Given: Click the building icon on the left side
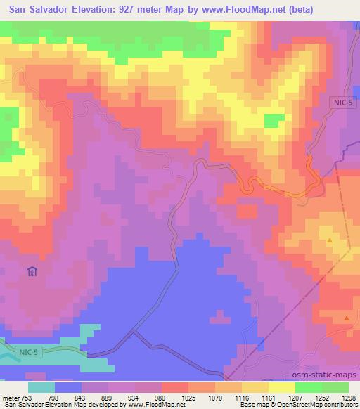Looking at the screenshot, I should pyautogui.click(x=32, y=272).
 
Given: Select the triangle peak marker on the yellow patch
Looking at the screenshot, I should pyautogui.click(x=330, y=241).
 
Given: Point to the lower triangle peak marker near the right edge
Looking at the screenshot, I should pyautogui.click(x=347, y=318).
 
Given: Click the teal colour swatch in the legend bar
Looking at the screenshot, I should pyautogui.click(x=41, y=387).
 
